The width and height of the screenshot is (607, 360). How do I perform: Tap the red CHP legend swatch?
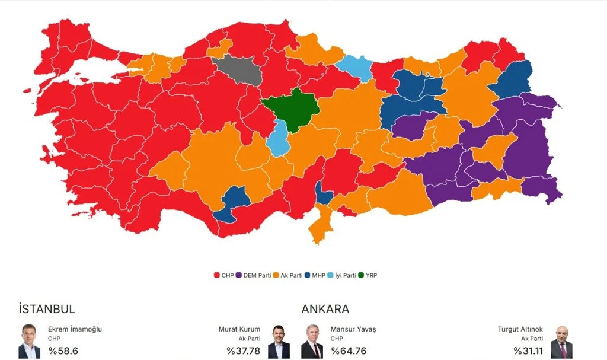point(217,275)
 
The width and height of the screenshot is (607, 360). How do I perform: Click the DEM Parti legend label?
point(257,275)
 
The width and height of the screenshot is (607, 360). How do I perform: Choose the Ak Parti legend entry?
point(291,275)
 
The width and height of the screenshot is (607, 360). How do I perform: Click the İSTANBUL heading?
point(47,309)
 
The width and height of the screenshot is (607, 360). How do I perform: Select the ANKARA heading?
point(325,309)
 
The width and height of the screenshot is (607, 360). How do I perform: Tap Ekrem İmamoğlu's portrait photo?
point(29,341)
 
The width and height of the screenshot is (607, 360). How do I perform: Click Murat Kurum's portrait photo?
point(279,341)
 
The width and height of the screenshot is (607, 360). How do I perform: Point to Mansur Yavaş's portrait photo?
point(312,341)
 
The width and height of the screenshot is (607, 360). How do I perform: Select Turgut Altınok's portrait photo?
point(561,341)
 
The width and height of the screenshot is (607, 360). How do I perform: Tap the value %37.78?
point(243,351)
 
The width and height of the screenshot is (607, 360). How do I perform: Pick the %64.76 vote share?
point(349,351)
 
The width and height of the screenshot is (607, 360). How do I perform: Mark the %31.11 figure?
point(528,351)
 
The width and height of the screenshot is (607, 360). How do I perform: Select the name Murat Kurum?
point(239,329)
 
